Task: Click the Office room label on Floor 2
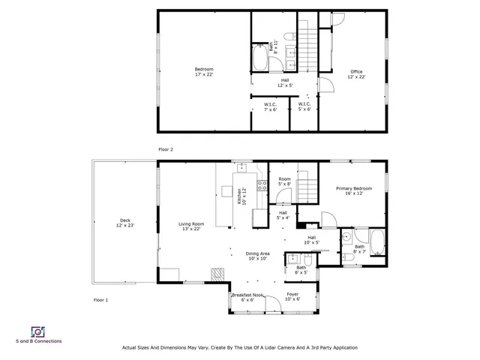356,74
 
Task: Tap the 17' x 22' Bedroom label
193,72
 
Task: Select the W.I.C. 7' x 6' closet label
270,106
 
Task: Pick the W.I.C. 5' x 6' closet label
304,106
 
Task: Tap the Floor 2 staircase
307,45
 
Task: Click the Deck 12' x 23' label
124,223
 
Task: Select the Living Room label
191,226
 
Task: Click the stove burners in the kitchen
262,185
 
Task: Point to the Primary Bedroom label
353,190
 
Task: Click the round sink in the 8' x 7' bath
346,237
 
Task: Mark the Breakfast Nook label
247,296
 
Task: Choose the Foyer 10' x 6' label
292,296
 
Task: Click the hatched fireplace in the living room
217,274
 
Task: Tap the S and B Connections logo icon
36,331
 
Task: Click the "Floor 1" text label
100,300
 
